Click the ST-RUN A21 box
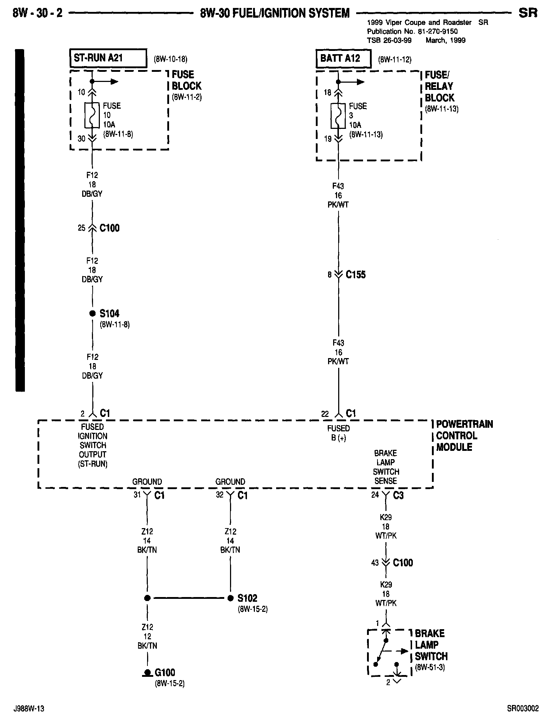pyautogui.click(x=108, y=58)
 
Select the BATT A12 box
pyautogui.click(x=343, y=58)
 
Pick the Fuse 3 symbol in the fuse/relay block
pyautogui.click(x=338, y=116)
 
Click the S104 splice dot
pyautogui.click(x=92, y=313)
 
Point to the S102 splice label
pyautogui.click(x=247, y=598)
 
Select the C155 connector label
pyautogui.click(x=355, y=275)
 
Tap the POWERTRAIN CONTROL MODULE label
pyautogui.click(x=464, y=436)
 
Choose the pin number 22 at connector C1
pyautogui.click(x=325, y=414)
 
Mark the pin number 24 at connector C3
pyautogui.click(x=375, y=495)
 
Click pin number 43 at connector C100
pyautogui.click(x=375, y=563)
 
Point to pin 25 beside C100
pyautogui.click(x=82, y=228)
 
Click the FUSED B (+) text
pyautogui.click(x=338, y=433)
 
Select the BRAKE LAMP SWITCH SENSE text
pyautogui.click(x=385, y=467)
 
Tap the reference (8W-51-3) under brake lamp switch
pyautogui.click(x=430, y=667)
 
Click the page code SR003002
pyautogui.click(x=523, y=709)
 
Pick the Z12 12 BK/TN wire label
pyautogui.click(x=147, y=636)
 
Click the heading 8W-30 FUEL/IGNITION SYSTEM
pyautogui.click(x=275, y=13)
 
